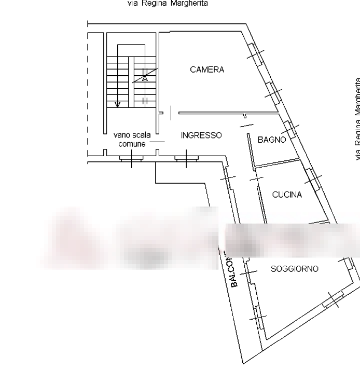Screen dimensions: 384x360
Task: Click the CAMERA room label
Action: (x=207, y=70)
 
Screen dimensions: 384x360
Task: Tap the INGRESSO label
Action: (x=202, y=135)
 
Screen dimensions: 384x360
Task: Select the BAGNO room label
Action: (x=271, y=140)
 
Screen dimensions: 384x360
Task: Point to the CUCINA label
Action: (x=287, y=195)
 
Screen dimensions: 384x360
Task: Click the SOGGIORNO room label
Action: (x=295, y=269)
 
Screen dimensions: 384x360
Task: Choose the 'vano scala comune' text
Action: (x=132, y=139)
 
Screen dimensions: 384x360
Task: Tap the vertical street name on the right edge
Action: (x=357, y=119)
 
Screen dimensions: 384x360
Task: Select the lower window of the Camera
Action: (x=274, y=92)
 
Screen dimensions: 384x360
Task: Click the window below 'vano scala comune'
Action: (x=132, y=158)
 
